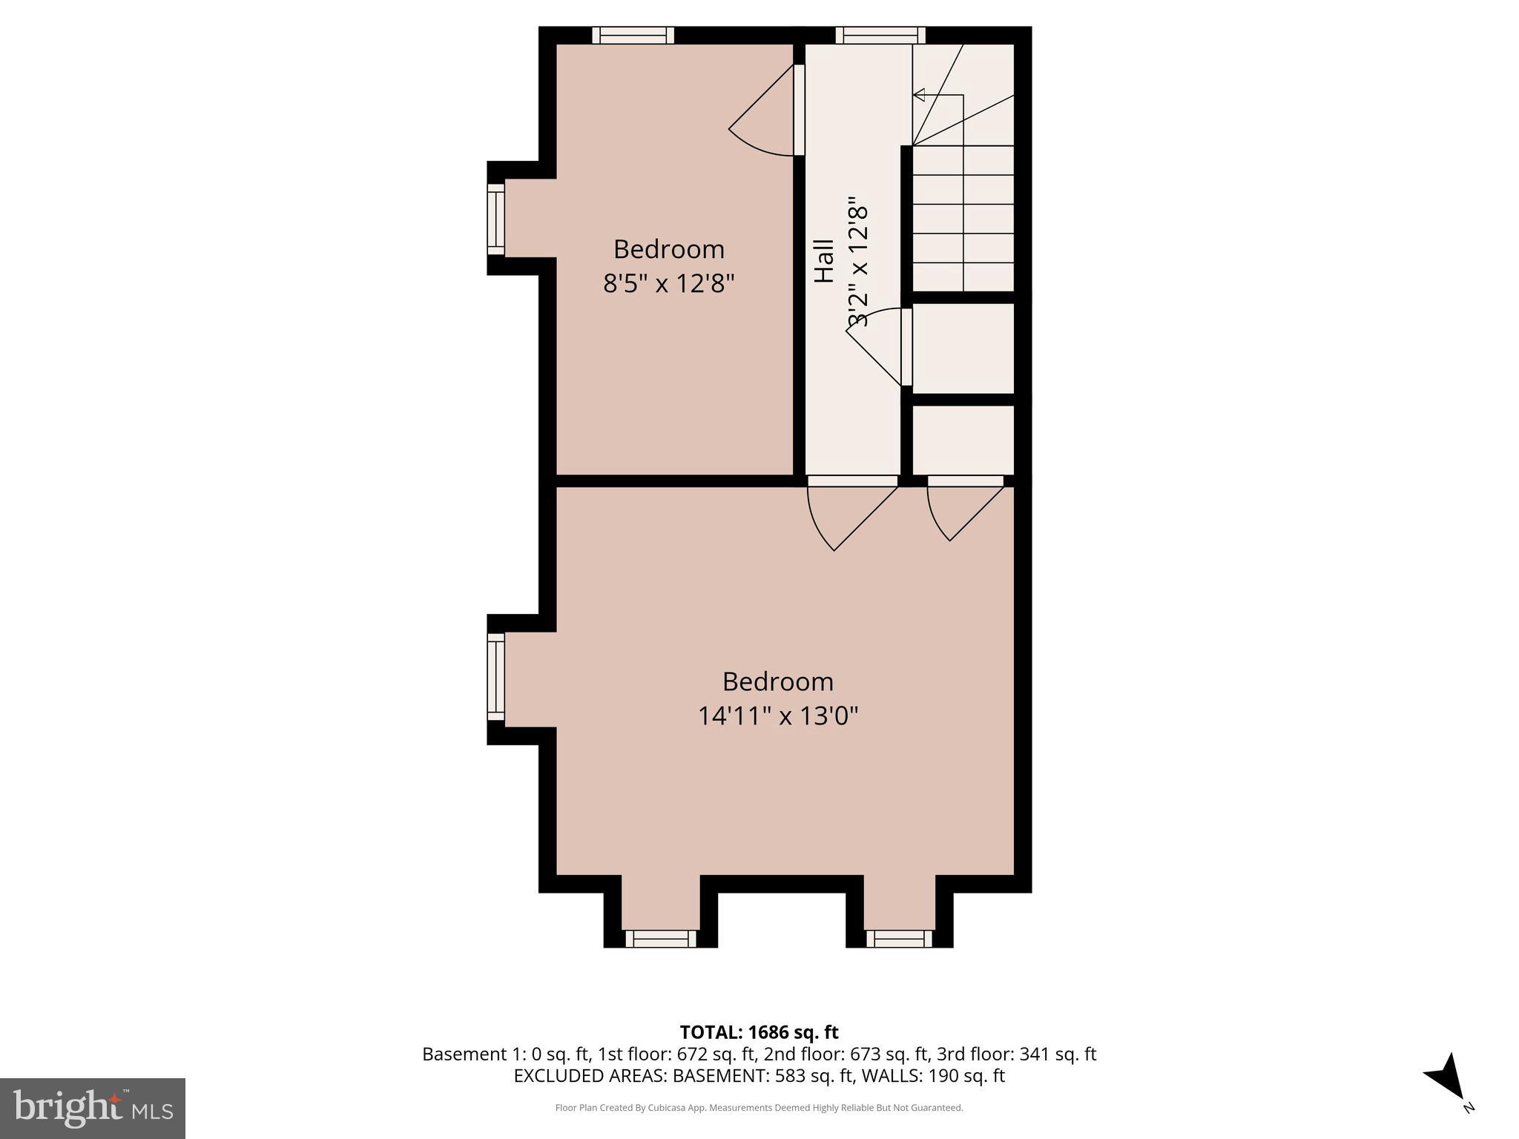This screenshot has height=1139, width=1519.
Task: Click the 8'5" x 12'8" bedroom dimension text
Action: (x=668, y=284)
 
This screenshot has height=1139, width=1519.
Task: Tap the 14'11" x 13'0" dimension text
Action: (x=777, y=716)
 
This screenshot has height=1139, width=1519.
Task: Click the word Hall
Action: (x=824, y=261)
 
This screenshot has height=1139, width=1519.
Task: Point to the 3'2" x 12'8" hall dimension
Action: (x=857, y=261)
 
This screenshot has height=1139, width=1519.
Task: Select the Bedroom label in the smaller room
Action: (x=668, y=249)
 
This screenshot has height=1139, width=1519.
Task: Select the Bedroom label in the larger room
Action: (x=777, y=681)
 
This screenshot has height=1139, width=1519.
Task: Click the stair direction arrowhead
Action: (x=919, y=95)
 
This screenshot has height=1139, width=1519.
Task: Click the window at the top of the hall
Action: (x=880, y=35)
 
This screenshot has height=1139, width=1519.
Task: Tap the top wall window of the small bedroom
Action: (x=633, y=35)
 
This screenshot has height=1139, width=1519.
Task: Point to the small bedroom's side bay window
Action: (x=495, y=219)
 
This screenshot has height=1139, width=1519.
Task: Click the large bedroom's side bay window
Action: (x=495, y=677)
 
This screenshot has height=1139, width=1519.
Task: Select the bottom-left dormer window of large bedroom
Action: (x=661, y=940)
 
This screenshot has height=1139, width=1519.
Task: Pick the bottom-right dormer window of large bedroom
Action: (x=899, y=940)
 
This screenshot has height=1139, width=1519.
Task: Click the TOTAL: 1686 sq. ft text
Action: (x=759, y=1032)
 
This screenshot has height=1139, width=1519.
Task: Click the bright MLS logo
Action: (x=93, y=1108)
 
